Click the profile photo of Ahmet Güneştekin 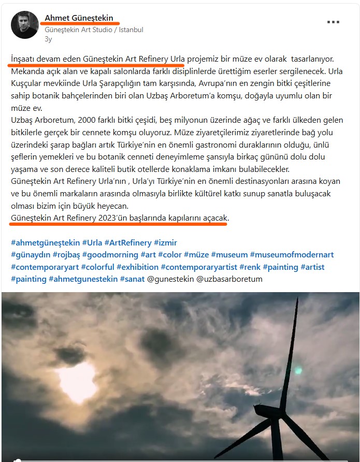coord(25,25)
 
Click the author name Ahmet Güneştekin coord(79,18)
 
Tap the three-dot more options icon coord(333,22)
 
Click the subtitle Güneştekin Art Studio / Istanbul coord(94,30)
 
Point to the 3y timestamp coord(48,39)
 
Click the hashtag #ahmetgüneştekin coord(46,242)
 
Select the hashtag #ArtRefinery coord(128,242)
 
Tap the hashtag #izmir coord(165,242)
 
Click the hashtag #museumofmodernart coord(292,255)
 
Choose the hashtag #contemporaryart coord(45,267)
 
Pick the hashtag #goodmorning coord(110,255)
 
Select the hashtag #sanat coord(132,279)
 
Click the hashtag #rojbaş coord(67,255)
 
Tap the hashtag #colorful coord(98,267)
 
